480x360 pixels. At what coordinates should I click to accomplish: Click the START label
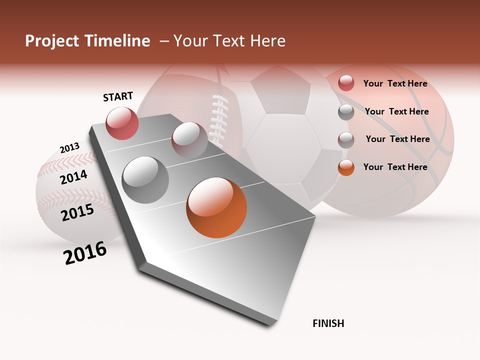(x=118, y=96)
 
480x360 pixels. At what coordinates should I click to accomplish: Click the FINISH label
(x=328, y=323)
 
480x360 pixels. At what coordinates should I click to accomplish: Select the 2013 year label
(x=69, y=148)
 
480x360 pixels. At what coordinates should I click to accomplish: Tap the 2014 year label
(x=73, y=177)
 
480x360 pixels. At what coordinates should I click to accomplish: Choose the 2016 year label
(x=85, y=253)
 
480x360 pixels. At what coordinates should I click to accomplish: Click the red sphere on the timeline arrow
(x=122, y=123)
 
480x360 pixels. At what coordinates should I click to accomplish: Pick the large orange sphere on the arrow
(x=216, y=207)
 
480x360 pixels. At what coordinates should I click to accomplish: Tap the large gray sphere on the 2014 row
(x=145, y=180)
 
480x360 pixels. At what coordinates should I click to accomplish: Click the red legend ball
(x=346, y=83)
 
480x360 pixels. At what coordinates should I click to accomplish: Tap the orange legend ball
(x=346, y=167)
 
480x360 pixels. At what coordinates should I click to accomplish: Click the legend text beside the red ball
(x=395, y=84)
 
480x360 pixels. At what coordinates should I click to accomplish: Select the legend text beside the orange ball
(x=395, y=167)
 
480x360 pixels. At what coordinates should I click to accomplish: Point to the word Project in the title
(x=52, y=41)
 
